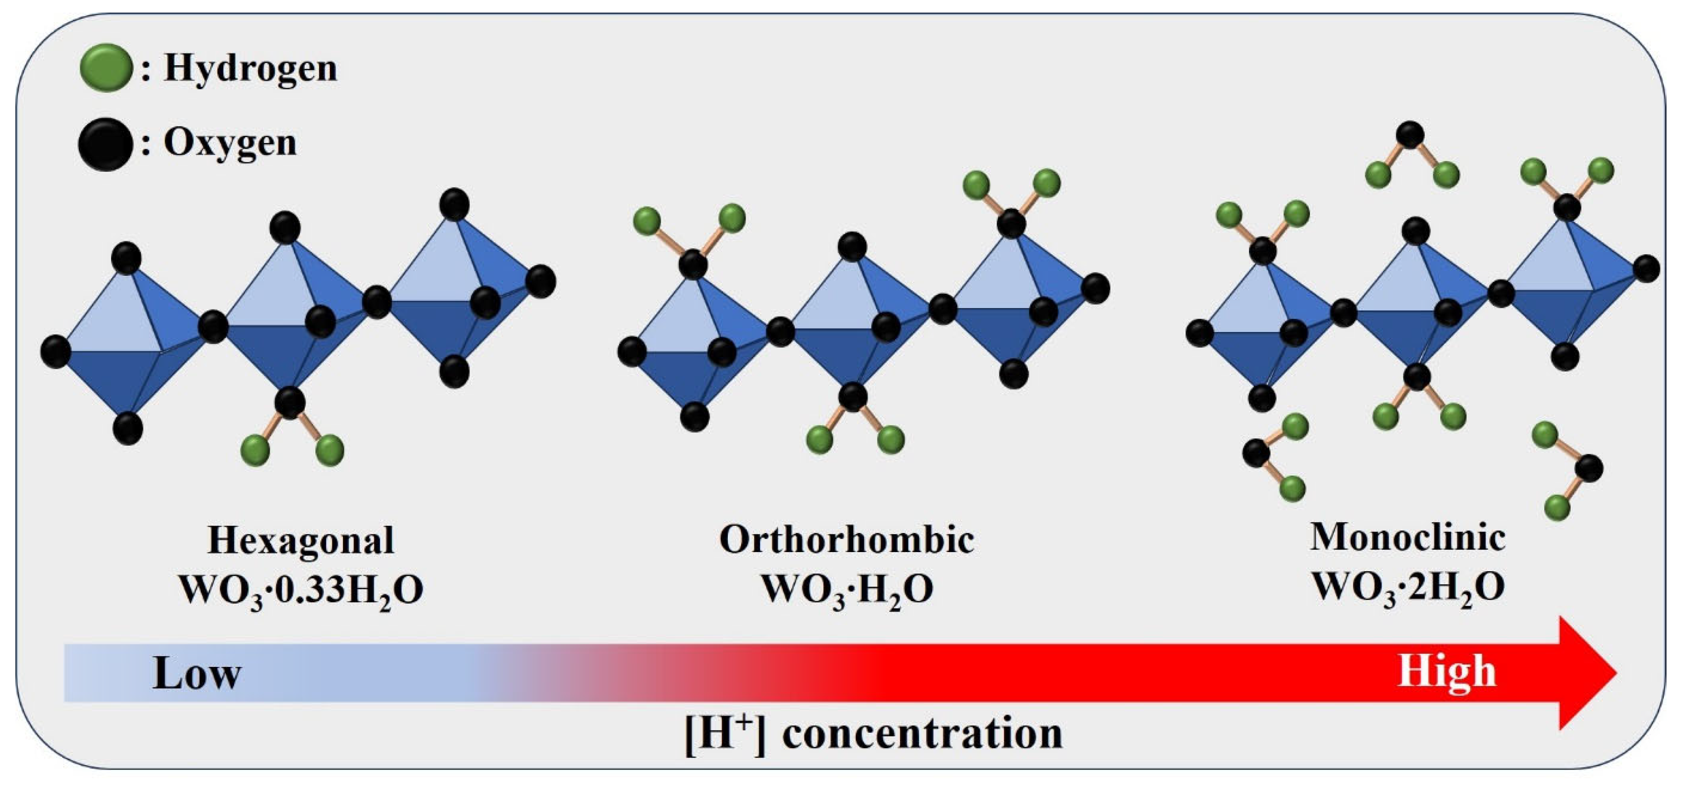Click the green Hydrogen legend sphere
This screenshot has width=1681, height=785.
tap(106, 67)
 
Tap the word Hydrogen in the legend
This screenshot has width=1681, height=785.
tap(251, 68)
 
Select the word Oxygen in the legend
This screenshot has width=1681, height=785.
tap(230, 143)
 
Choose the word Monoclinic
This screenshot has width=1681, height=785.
tap(1408, 538)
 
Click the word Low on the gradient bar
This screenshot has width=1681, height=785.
tap(196, 673)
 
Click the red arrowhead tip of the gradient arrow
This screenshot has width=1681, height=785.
tap(1612, 673)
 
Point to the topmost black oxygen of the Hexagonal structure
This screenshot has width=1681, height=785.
tap(455, 204)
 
